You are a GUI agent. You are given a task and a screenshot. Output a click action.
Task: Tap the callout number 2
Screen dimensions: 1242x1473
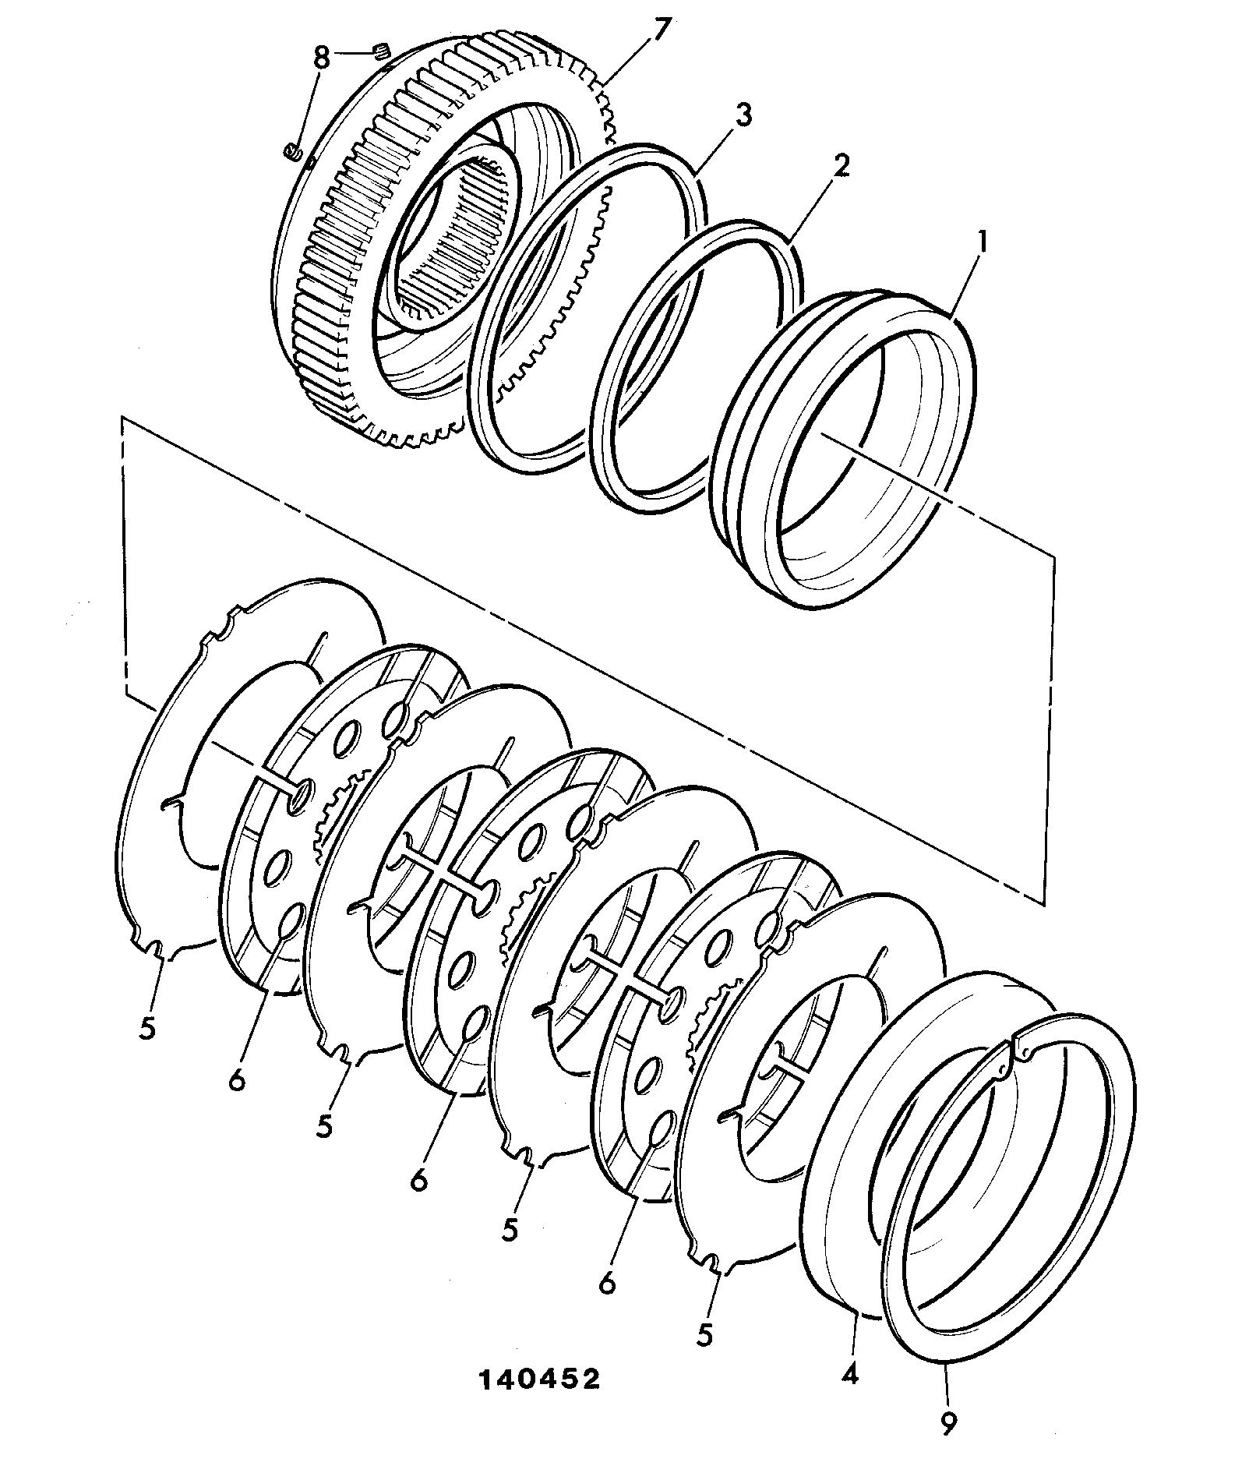pos(841,167)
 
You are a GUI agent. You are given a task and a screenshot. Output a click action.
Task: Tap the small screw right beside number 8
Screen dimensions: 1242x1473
pos(382,52)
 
